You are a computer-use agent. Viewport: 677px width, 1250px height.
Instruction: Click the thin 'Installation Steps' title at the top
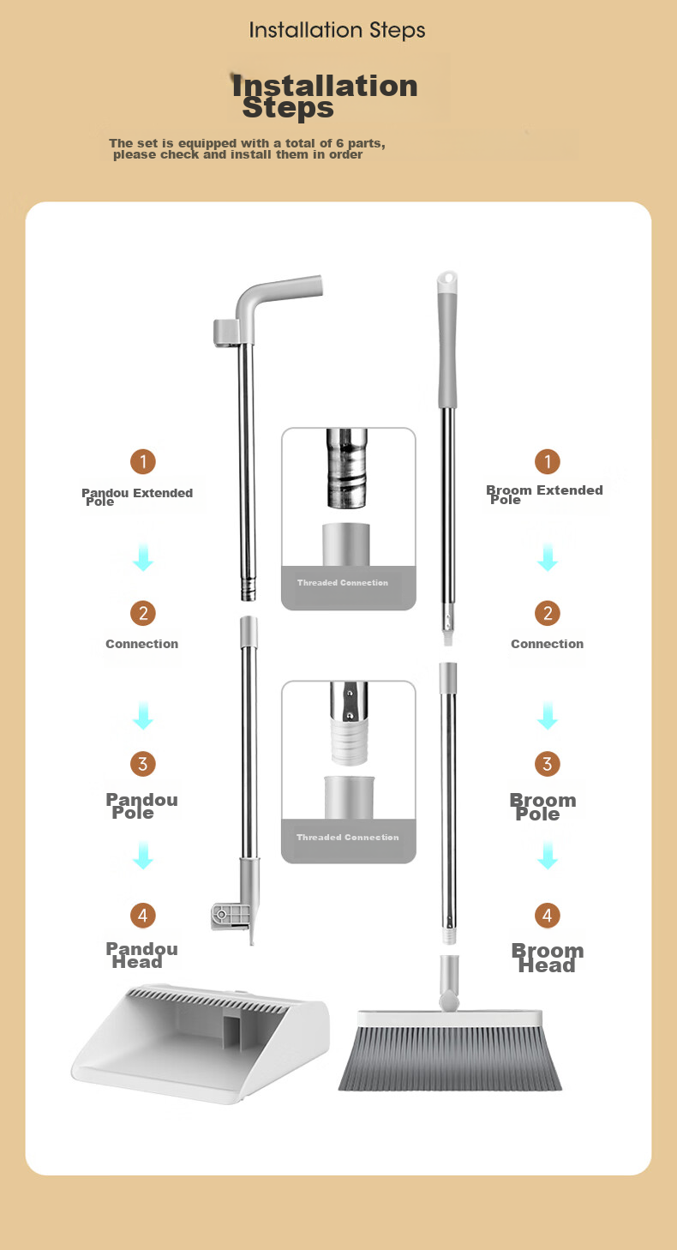pos(337,30)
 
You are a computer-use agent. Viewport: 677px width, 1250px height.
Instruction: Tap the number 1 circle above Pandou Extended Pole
pos(143,461)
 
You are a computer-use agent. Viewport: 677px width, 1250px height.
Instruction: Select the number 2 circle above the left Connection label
pos(143,613)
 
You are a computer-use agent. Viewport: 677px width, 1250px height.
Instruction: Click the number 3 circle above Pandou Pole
pos(143,763)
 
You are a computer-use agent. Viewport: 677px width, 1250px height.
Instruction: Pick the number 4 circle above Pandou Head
pos(143,915)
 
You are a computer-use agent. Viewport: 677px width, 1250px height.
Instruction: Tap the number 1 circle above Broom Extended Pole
pos(547,461)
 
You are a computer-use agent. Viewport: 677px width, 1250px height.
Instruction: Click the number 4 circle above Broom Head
pos(547,915)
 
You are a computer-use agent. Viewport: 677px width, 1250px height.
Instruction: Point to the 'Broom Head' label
pos(547,958)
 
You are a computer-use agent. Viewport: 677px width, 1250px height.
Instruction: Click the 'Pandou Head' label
pos(141,955)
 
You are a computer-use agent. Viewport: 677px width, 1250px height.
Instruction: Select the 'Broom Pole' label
pos(542,807)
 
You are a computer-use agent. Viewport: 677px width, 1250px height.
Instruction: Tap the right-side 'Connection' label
pos(547,644)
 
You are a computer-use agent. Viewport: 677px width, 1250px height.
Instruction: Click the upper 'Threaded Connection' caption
pos(343,583)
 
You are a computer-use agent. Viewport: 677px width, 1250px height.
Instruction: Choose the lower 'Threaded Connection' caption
pos(347,837)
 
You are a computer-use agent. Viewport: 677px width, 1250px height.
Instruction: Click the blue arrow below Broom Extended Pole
pos(548,557)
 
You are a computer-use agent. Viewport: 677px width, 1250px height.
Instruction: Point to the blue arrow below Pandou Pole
pos(143,856)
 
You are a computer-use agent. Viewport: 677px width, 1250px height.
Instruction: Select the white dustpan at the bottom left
pos(201,1043)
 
